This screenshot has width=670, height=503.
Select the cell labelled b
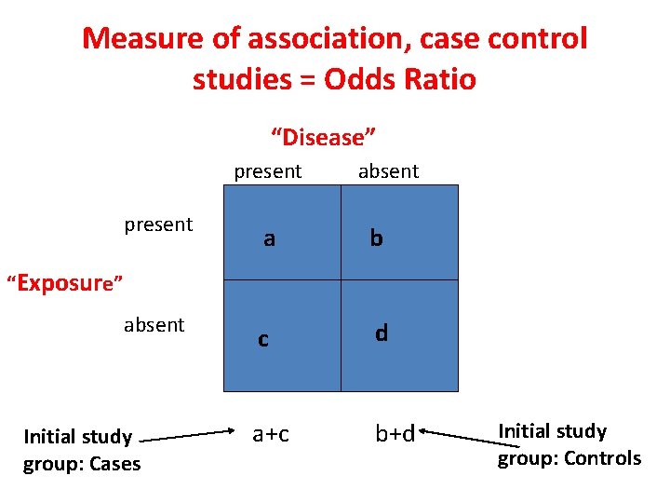399,233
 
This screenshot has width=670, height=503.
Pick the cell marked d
399,335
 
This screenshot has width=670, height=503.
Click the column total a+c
271,433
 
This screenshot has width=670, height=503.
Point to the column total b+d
395,433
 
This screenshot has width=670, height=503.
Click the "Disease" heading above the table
323,138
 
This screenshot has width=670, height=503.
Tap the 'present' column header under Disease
268,171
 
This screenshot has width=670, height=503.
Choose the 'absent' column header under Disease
388,171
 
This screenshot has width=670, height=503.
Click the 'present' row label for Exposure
158,224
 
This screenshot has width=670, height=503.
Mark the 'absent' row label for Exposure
154,325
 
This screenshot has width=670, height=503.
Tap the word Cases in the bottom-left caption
112,464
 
